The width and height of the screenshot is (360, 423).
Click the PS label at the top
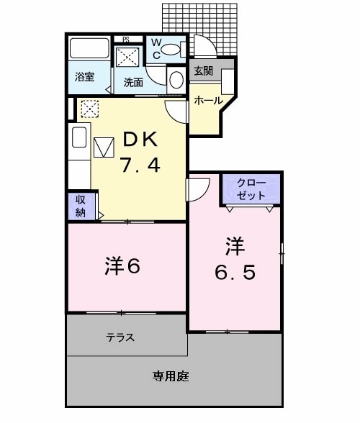(x=125, y=39)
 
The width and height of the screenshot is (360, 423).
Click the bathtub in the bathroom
(x=88, y=51)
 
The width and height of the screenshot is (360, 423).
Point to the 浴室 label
(x=86, y=76)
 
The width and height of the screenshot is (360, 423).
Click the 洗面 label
(x=133, y=81)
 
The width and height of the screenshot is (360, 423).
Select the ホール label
(x=208, y=101)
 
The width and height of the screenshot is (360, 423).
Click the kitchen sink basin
(x=78, y=137)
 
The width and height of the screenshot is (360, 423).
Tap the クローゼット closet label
(x=251, y=190)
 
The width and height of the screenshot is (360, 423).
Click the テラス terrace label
(x=120, y=337)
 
